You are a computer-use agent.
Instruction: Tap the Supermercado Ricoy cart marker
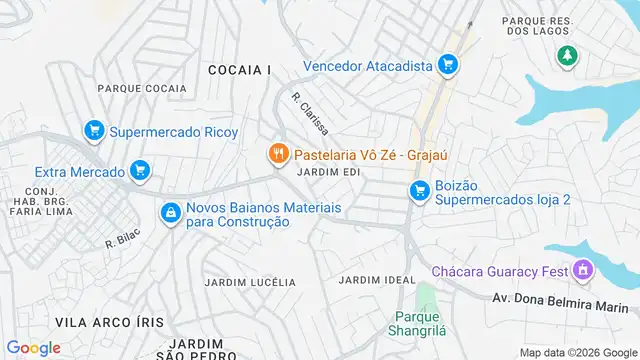pos(94,130)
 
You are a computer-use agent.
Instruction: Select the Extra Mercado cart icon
pos(140,172)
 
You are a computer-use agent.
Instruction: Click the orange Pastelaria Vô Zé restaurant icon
pos(277,155)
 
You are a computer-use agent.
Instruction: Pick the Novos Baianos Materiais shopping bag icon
pos(171,212)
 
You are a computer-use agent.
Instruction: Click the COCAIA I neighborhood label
pos(239,69)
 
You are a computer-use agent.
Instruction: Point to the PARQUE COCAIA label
pos(142,89)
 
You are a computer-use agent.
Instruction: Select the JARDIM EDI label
pos(322,172)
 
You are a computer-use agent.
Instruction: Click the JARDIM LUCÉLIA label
pos(249,282)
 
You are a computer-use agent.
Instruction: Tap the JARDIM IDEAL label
pos(377,279)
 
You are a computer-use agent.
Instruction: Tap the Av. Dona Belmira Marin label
pos(565,298)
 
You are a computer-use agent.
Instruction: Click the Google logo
pos(33,347)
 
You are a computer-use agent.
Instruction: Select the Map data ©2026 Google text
pos(577,352)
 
